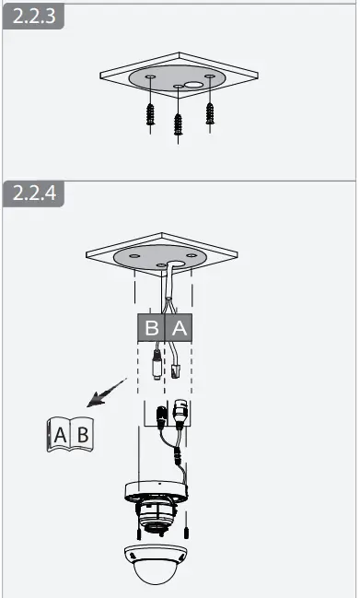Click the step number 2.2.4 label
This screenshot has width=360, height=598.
coord(33,194)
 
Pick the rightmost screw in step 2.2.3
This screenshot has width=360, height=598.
coord(211,113)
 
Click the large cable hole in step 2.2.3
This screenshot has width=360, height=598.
coord(193,84)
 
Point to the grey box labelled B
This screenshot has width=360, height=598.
coord(152,326)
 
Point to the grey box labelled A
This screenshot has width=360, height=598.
coord(179,326)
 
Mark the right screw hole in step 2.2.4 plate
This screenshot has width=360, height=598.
coord(191,255)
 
